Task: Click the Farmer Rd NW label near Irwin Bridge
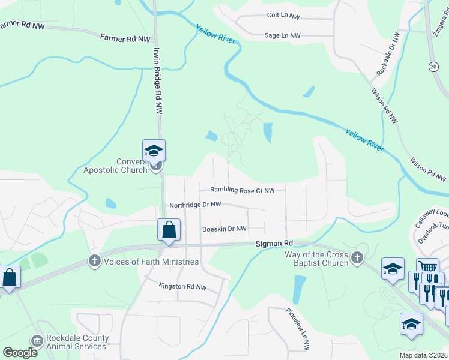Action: pos(125,39)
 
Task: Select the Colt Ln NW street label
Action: pos(283,16)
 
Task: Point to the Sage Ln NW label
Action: pos(282,36)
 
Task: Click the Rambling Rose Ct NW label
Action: pos(242,190)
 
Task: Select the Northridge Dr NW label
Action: pos(195,205)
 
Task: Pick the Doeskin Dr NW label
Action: pos(224,229)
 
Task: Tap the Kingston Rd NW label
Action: pos(183,287)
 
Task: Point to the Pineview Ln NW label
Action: pos(297,329)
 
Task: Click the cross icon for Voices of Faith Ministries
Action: pos(94,261)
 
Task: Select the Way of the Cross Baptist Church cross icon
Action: pos(357,259)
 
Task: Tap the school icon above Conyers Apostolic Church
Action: pos(154,150)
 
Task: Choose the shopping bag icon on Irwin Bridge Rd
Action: pos(169,229)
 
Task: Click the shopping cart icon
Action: pos(427,268)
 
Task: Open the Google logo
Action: pos(20,353)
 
